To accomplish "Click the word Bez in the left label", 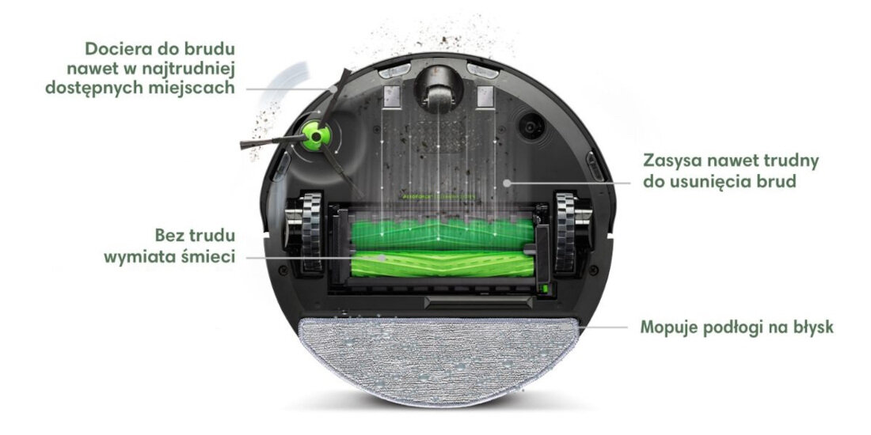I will pos(172,236).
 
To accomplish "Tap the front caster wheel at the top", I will pos(438,89).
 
